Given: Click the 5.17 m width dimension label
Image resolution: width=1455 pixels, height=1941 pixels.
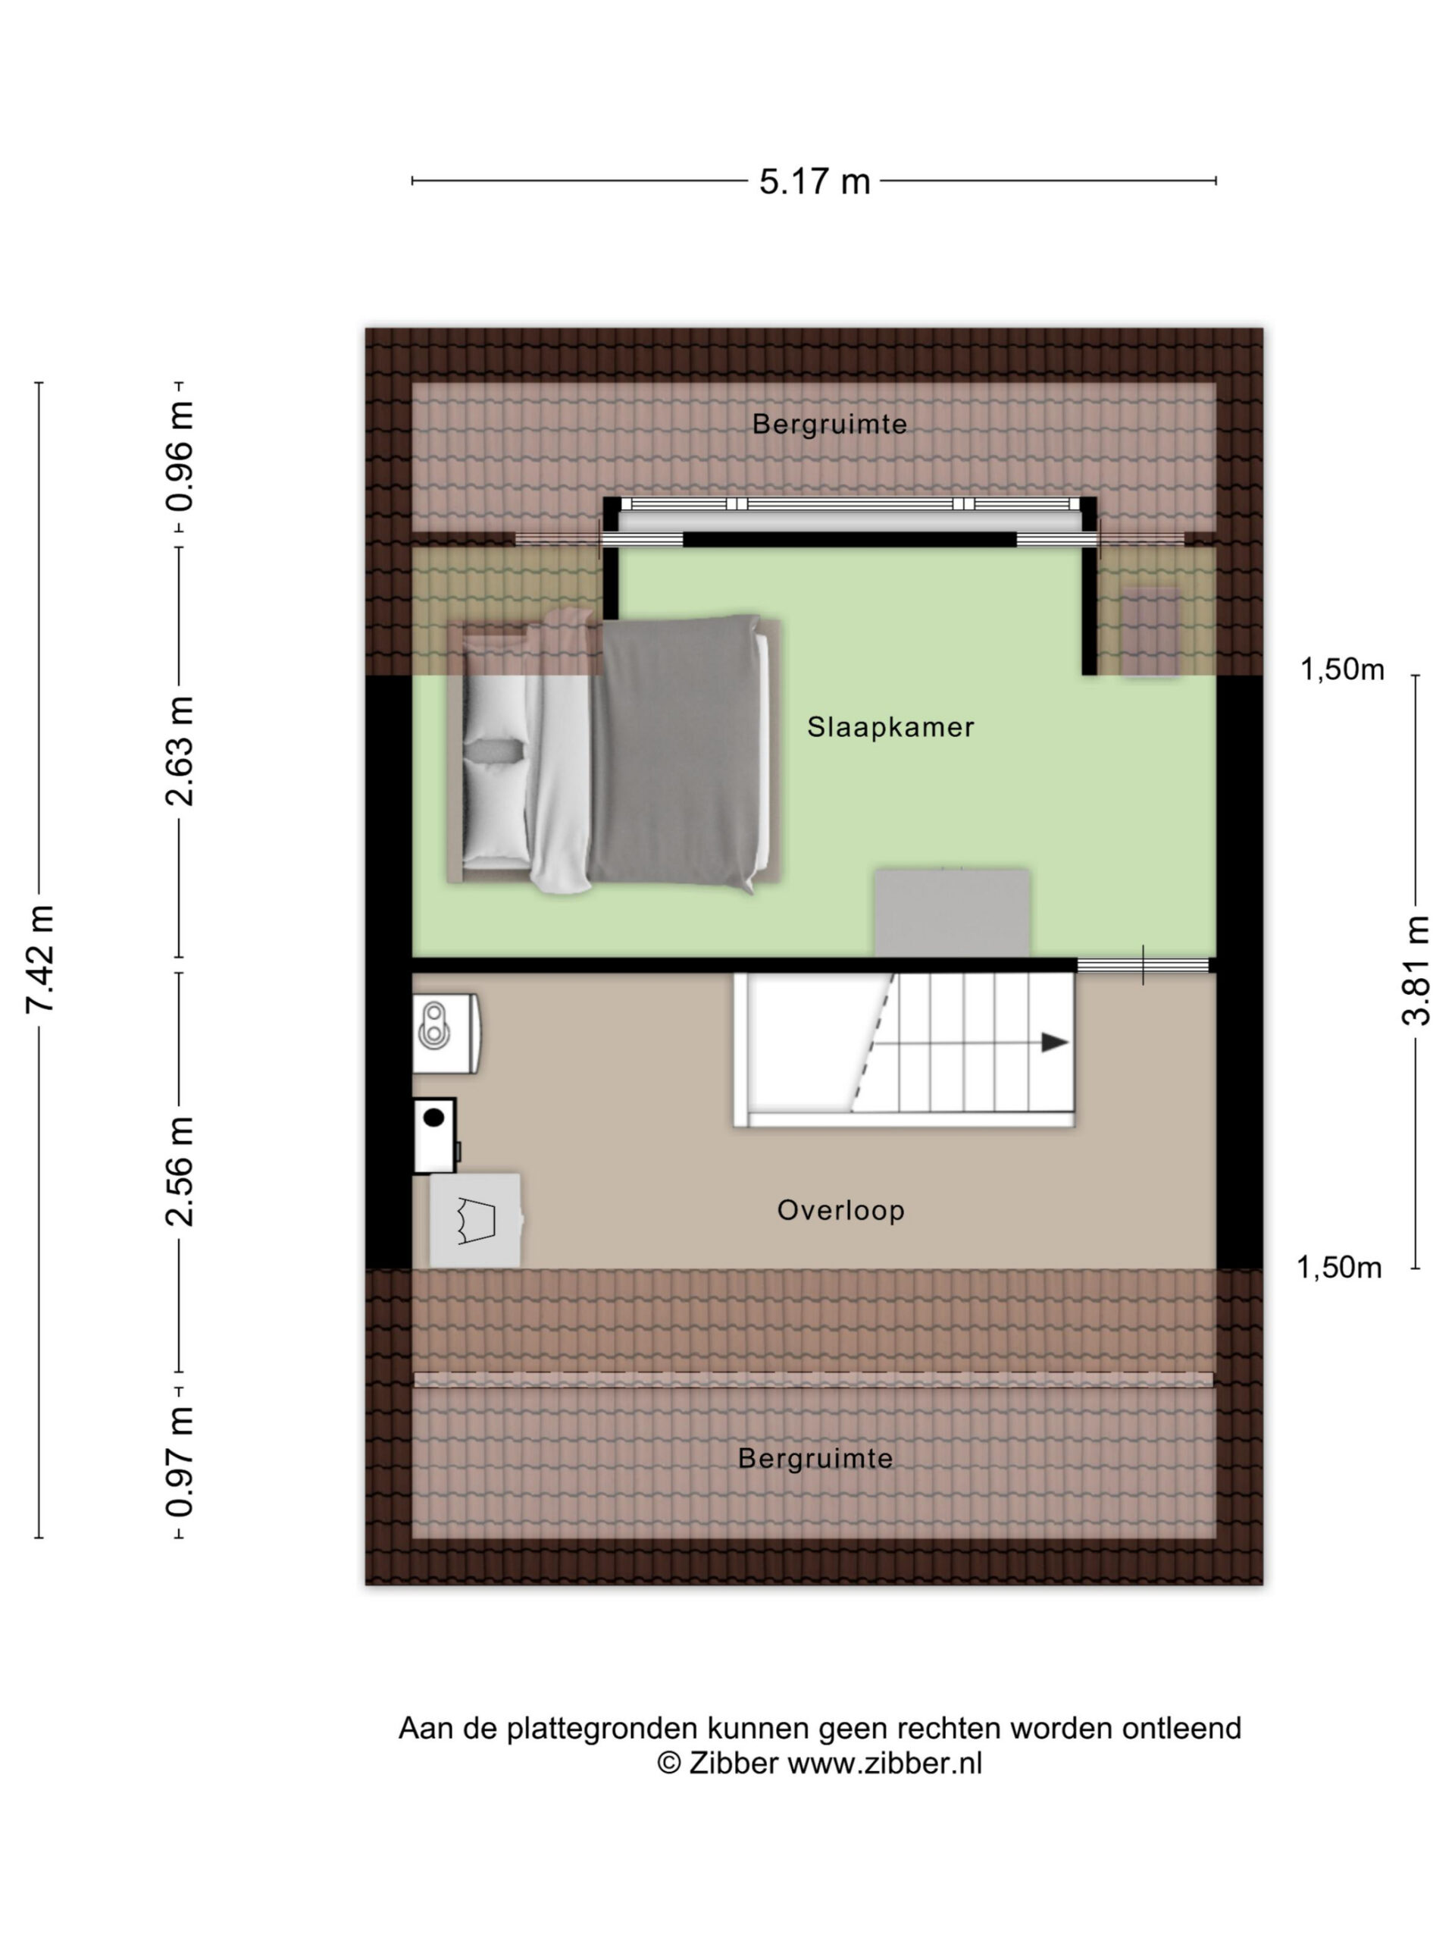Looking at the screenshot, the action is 814,182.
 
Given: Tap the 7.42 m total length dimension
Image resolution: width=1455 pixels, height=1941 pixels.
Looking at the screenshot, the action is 40,958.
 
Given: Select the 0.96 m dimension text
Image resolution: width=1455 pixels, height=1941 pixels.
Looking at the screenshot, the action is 180,456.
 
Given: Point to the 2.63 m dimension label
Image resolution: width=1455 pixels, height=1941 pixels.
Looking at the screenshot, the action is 180,751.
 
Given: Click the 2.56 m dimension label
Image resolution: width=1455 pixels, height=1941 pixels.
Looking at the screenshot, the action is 180,1171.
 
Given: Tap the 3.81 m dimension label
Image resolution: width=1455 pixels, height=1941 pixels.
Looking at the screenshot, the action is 1416,970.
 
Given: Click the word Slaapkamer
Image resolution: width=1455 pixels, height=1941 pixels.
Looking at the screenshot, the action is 890,726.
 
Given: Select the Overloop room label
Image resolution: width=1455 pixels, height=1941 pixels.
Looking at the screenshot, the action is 840,1210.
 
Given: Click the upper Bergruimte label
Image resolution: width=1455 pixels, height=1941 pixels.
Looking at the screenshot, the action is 830,424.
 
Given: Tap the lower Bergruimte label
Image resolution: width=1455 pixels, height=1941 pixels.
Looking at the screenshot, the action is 815,1458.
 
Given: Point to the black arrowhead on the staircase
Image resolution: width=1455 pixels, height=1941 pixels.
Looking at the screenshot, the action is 1054,1043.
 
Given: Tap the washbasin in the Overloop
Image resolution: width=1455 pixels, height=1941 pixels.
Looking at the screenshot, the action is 446,1033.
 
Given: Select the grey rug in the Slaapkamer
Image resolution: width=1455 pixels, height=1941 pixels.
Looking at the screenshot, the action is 953,913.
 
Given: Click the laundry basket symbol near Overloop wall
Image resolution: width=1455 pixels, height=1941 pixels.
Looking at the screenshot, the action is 476,1220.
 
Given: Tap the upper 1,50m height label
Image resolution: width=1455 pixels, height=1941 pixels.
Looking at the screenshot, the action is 1342,670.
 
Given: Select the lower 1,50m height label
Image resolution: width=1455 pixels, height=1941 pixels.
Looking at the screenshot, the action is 1339,1268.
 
